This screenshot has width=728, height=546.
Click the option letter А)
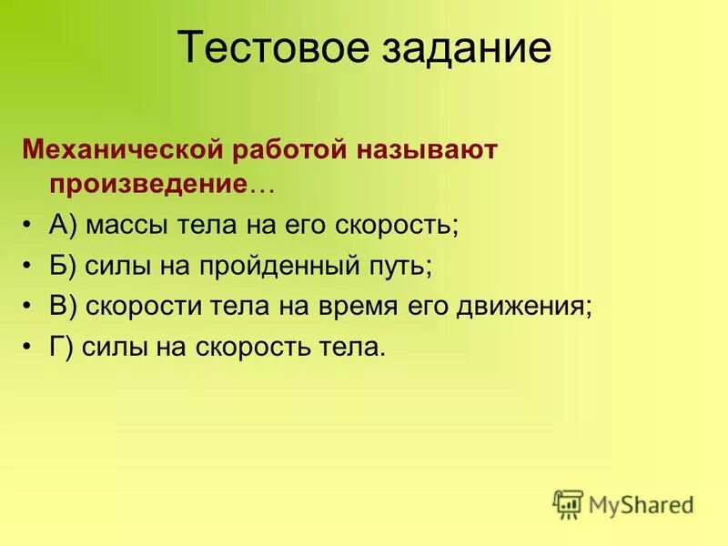tap(63, 225)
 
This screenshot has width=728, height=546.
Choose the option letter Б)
tap(63, 266)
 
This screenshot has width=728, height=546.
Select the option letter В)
tap(63, 306)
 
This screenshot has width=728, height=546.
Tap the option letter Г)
tap(60, 347)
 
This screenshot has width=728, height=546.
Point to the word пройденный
tap(285, 267)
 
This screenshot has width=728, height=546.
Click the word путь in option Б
tap(397, 267)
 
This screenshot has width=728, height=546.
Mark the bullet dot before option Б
tap(30, 266)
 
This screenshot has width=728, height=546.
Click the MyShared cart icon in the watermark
tap(567, 504)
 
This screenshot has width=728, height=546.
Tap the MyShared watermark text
tap(641, 504)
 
